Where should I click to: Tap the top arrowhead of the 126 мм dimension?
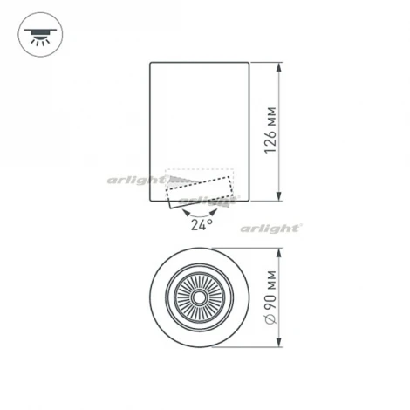(279, 65)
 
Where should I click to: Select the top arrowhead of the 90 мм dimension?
(279, 254)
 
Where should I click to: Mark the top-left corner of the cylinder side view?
(151, 62)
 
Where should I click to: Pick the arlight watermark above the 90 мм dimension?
(271, 228)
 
